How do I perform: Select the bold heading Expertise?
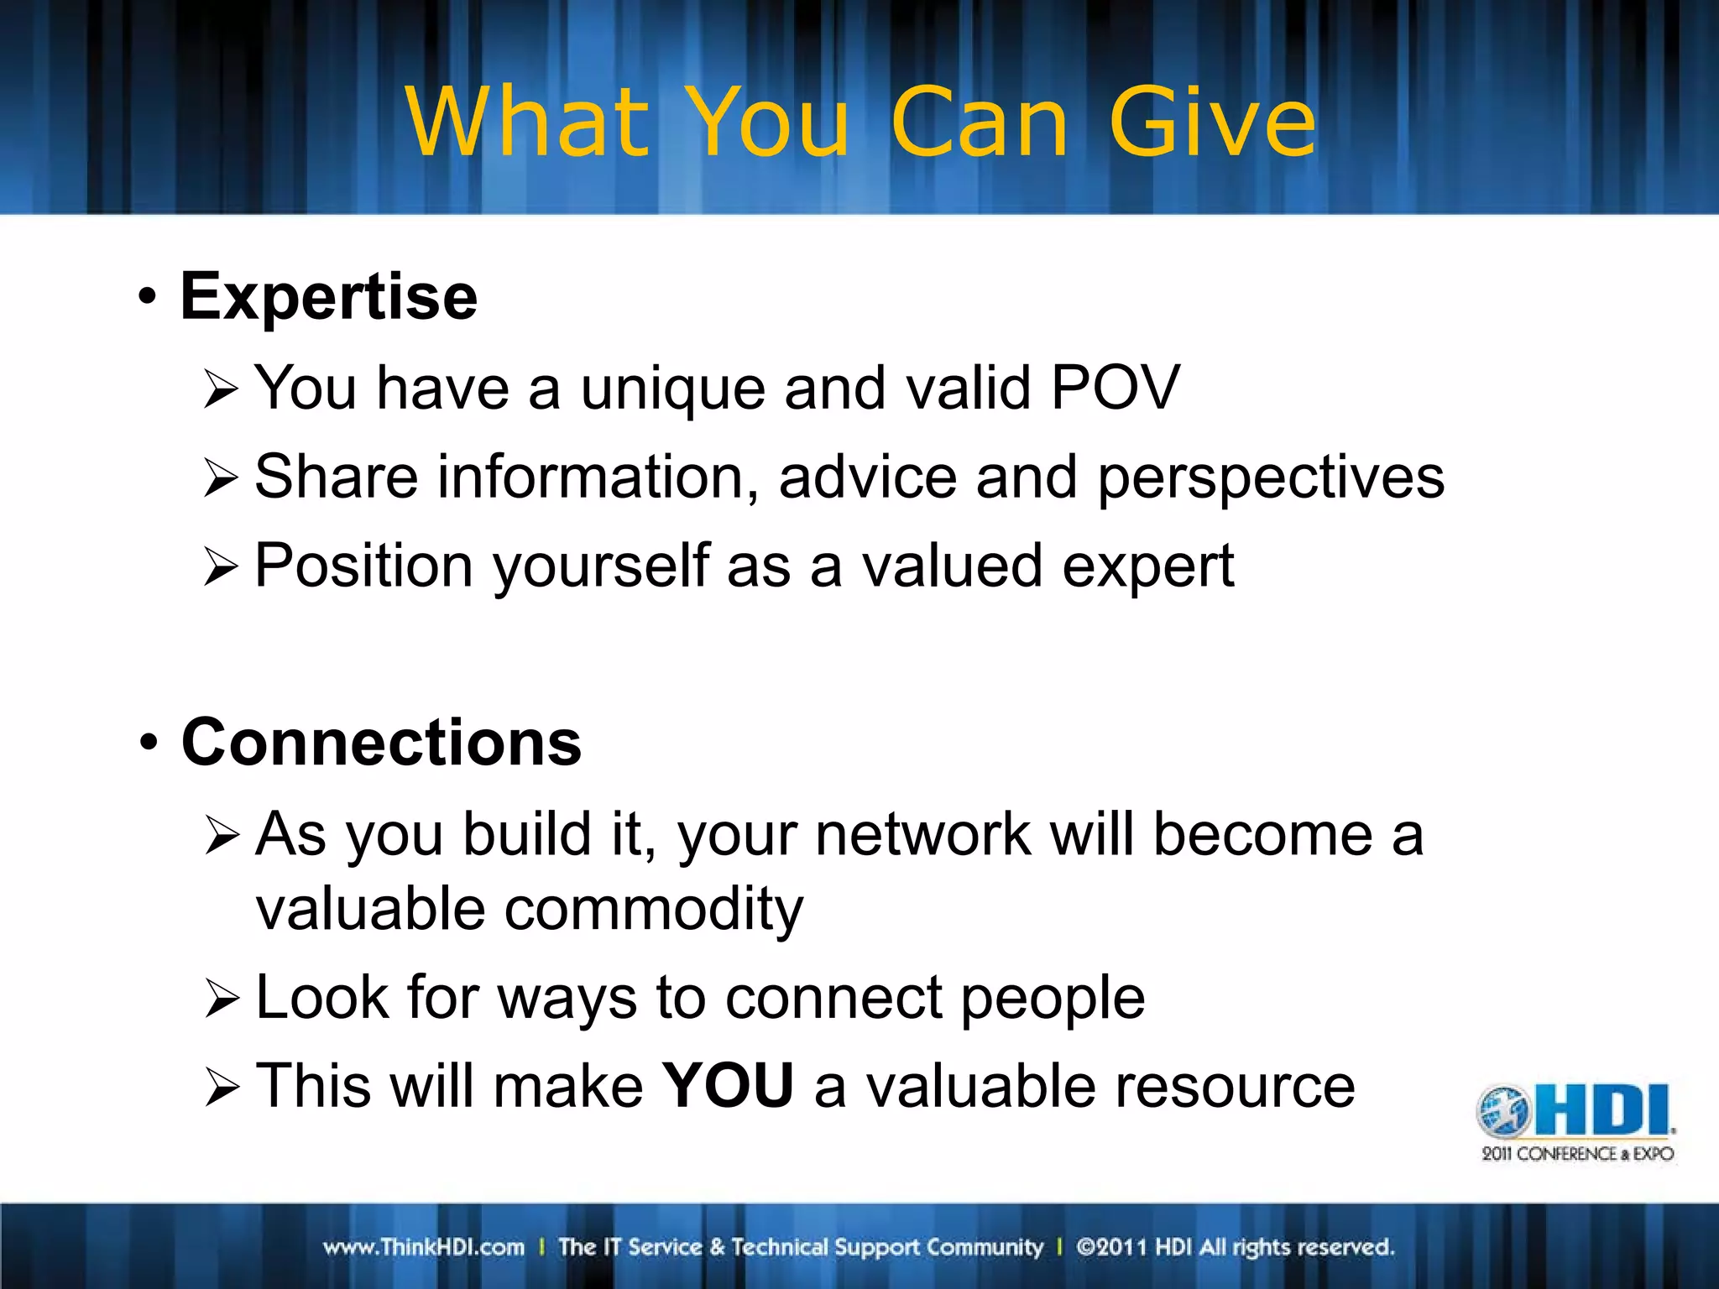[328, 296]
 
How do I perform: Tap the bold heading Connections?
[381, 743]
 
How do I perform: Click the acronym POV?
[1116, 388]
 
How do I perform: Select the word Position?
[364, 566]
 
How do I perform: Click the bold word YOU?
[728, 1086]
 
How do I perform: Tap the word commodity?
[654, 910]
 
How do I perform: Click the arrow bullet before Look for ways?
[222, 999]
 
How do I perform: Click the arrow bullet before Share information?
[222, 478]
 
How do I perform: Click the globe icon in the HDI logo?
[1504, 1111]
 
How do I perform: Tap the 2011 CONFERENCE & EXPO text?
[1577, 1154]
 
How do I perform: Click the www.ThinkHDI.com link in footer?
[424, 1247]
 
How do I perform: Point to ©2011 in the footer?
[1111, 1247]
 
